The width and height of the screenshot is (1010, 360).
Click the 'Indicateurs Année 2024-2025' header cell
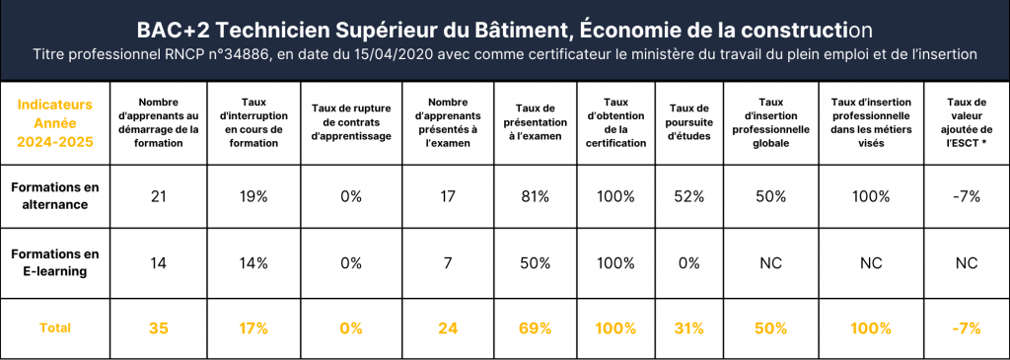click(55, 122)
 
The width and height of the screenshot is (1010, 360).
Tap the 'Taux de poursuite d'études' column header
click(688, 122)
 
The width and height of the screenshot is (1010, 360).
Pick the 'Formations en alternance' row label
click(55, 195)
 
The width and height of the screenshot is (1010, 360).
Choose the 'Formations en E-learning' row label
click(55, 262)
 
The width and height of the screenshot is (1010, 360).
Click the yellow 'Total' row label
click(55, 327)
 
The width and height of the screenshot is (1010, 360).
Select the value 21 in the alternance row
click(158, 195)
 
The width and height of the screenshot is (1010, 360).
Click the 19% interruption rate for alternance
click(253, 195)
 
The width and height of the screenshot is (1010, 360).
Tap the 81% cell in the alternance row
click(536, 195)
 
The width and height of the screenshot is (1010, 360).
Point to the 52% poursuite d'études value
click(688, 195)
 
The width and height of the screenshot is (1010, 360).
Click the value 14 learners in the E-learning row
click(159, 262)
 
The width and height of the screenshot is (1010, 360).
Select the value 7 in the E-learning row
click(448, 262)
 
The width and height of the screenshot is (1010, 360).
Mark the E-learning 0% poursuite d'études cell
click(688, 262)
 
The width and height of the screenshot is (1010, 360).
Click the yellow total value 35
click(159, 328)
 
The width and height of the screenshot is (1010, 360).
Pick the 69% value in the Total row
click(536, 328)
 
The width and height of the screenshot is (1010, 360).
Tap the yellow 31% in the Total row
click(688, 328)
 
